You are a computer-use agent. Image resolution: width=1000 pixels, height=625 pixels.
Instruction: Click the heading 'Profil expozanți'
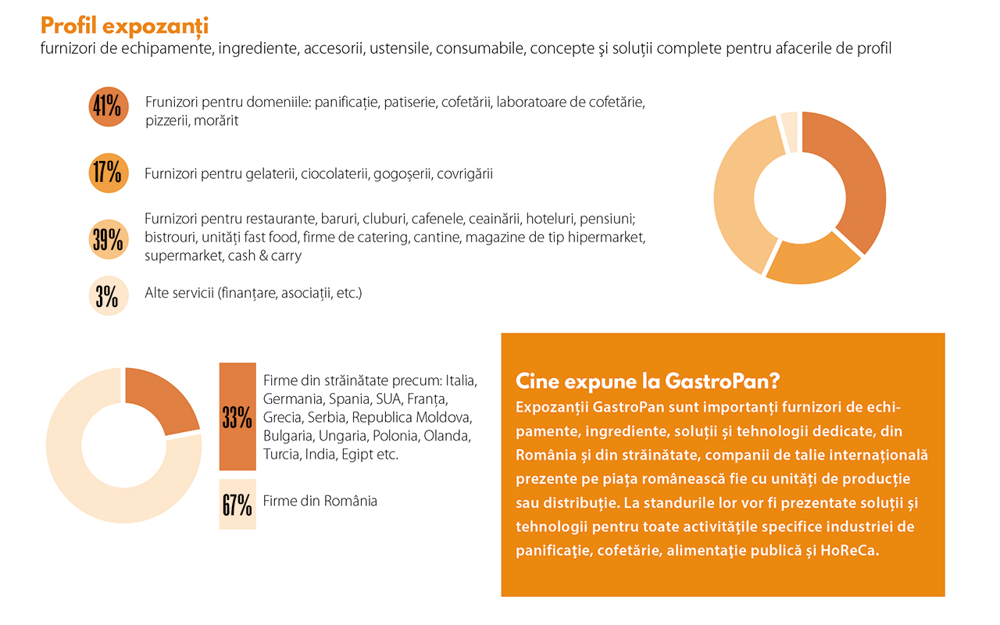point(124,25)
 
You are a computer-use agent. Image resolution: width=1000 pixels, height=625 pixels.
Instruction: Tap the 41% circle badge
point(108,107)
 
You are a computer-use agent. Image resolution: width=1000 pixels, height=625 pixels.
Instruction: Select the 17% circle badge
point(108,173)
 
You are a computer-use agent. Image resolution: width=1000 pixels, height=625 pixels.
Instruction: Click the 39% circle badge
point(108,239)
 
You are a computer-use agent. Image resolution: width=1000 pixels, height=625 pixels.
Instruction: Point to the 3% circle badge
point(108,296)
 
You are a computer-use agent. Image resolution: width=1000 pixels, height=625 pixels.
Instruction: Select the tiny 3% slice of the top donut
point(790,131)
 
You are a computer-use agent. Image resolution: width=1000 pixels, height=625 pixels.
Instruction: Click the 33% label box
point(237,417)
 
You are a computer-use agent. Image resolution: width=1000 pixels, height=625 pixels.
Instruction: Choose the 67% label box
point(237,505)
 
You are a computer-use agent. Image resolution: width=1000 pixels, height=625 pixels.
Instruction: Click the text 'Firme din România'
point(320,501)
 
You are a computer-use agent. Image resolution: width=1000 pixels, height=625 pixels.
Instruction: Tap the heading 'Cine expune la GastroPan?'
point(648,381)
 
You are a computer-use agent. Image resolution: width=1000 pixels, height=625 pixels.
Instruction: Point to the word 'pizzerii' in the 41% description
point(167,120)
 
